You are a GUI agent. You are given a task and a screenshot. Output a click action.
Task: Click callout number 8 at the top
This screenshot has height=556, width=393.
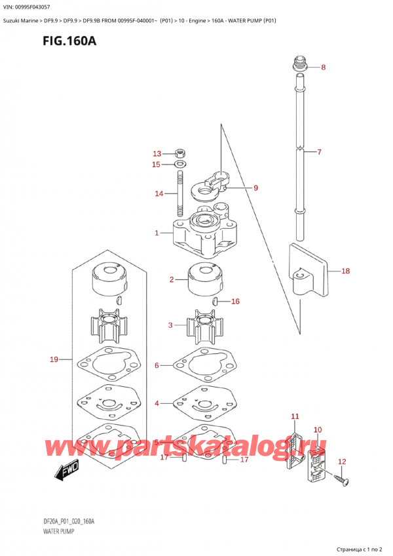pyautogui.click(x=323, y=68)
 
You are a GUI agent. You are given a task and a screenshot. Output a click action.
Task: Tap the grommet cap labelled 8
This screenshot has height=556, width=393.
pyautogui.click(x=299, y=65)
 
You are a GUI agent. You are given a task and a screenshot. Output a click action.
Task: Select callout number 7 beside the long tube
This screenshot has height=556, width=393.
pyautogui.click(x=319, y=153)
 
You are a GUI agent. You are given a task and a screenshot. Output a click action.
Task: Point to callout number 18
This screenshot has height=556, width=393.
pyautogui.click(x=345, y=270)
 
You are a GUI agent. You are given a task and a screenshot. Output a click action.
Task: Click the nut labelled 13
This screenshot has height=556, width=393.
pyautogui.click(x=181, y=154)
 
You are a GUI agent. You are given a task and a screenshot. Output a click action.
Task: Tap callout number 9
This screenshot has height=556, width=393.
pyautogui.click(x=255, y=188)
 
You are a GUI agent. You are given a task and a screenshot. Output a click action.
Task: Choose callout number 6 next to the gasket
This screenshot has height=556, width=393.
pyautogui.click(x=157, y=365)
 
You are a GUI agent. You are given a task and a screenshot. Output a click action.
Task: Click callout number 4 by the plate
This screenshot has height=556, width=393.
pyautogui.click(x=157, y=403)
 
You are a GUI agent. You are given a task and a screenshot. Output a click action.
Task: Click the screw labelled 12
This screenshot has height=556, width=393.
pyautogui.click(x=342, y=482)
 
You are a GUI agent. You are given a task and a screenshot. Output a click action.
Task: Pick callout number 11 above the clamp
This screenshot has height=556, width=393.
pyautogui.click(x=295, y=416)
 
